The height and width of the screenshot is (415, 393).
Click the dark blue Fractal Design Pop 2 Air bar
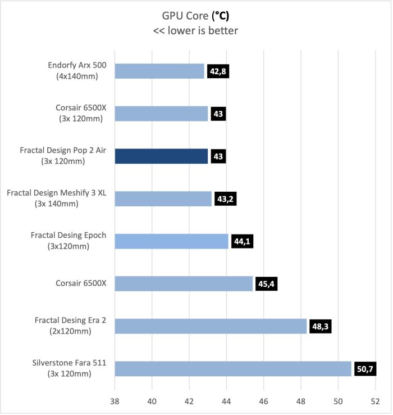[161, 156]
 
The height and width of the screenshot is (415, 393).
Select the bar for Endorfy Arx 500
[159, 71]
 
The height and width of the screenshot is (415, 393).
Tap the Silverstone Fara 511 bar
[233, 368]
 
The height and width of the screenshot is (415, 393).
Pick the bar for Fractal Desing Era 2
[211, 326]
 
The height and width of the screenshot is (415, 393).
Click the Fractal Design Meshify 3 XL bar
[163, 199]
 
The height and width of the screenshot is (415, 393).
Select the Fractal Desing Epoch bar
[171, 241]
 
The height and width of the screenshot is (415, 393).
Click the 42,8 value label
[218, 71]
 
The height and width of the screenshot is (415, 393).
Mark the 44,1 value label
[242, 241]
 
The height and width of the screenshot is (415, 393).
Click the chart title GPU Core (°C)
[195, 15]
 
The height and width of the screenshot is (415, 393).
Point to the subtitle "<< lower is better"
[195, 31]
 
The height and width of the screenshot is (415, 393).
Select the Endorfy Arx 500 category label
[77, 71]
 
